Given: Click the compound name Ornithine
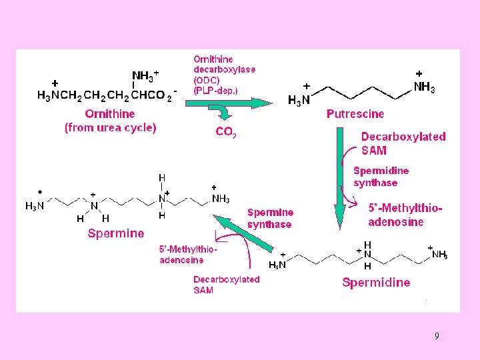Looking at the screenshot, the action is [x=109, y=114].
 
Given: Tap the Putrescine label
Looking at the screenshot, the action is [x=355, y=114].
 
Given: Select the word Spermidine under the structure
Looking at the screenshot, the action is [x=376, y=282].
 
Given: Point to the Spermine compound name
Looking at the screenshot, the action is [x=116, y=233].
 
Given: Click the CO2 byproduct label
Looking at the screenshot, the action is [x=226, y=132].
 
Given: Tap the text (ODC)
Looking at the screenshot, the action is [x=207, y=80].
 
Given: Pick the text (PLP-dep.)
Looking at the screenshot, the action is [x=215, y=91].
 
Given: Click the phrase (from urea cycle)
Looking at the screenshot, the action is [x=110, y=127].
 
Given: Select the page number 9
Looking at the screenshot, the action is [x=437, y=335].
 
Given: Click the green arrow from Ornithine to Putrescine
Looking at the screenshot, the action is [x=229, y=103].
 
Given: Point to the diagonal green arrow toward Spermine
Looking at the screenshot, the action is [x=243, y=233].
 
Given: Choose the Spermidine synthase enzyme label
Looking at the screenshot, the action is [x=381, y=177].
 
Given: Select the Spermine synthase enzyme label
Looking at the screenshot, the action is [x=270, y=218].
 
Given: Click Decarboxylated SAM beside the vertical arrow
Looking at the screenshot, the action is [x=403, y=143].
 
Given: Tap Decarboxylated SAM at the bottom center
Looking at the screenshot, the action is [x=226, y=285].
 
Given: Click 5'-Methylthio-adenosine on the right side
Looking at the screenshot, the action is [x=405, y=215].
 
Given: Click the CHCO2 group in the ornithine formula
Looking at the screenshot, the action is [x=153, y=95].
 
